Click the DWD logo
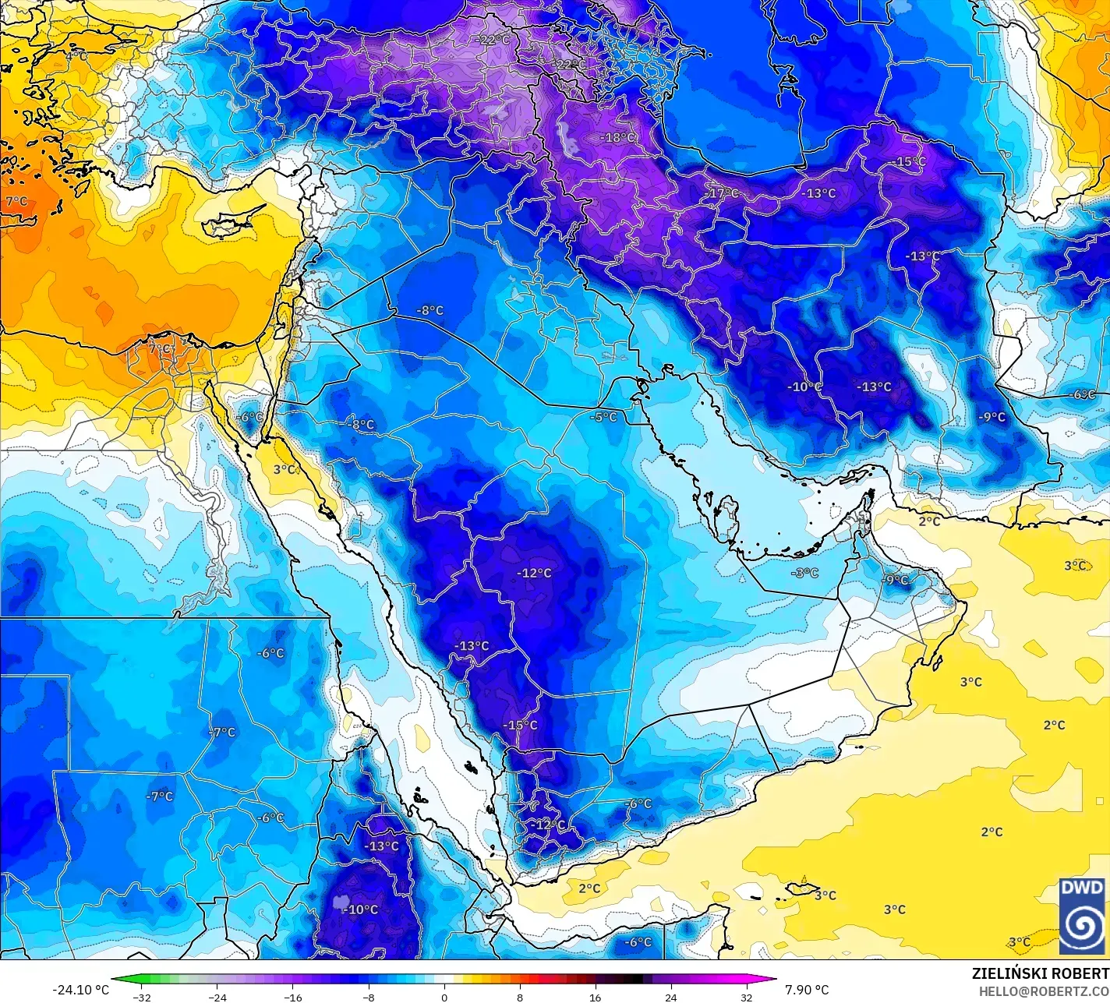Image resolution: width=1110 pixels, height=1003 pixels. pos(1082,916)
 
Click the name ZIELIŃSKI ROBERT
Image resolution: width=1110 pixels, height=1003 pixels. pos(1040,973)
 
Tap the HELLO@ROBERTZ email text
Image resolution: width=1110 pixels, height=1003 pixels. pos(1044,991)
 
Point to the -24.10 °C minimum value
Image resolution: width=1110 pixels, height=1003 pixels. pos(80,990)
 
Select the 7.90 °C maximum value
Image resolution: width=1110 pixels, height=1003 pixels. pos(807,990)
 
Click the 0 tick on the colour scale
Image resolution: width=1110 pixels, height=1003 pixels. pos(444,997)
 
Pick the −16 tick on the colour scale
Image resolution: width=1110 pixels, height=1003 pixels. pos(292,997)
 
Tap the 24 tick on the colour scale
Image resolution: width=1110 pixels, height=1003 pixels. pos(670,997)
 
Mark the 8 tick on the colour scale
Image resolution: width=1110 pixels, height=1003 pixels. pos(520,997)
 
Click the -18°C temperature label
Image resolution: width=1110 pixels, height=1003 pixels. pos(617,138)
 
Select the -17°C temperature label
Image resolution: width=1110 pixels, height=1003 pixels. pos(721,193)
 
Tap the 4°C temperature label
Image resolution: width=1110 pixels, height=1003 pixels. pos(76,56)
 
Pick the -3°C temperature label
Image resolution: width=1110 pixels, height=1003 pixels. pos(805,573)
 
